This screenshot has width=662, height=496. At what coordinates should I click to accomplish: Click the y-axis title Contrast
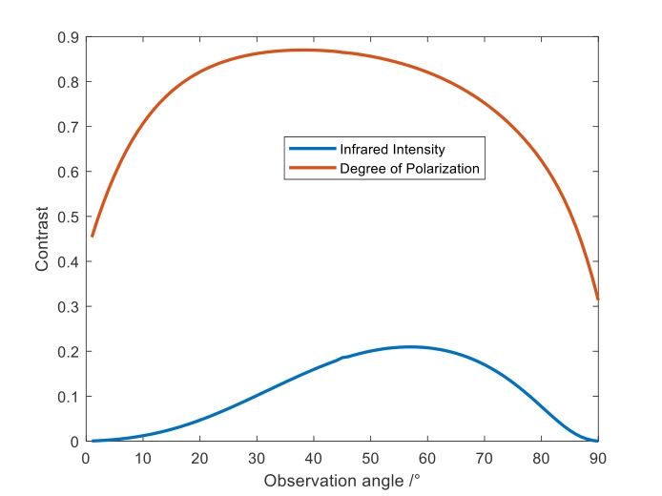coord(42,238)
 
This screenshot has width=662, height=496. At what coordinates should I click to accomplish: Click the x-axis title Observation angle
coord(341,480)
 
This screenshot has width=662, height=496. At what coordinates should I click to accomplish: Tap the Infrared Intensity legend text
coord(392,150)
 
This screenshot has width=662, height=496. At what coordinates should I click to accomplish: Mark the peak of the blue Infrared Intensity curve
coord(410,346)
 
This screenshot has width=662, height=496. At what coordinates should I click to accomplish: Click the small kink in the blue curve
coord(342,358)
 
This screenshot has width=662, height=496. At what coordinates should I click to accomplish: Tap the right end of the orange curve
coord(597,300)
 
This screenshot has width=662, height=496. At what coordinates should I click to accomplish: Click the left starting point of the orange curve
coord(92,236)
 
